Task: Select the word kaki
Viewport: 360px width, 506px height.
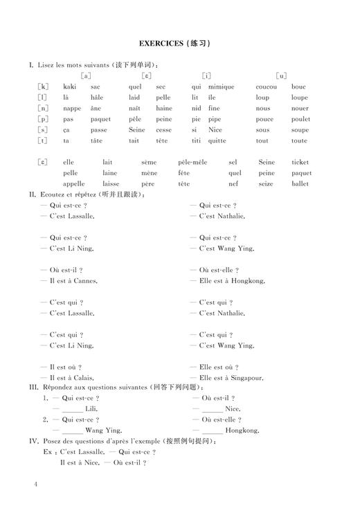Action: pos(69,87)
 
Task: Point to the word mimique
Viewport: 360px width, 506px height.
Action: pos(221,87)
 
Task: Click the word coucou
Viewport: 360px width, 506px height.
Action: pos(266,87)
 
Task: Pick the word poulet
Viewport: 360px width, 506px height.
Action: pos(300,119)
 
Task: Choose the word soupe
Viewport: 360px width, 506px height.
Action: pos(300,129)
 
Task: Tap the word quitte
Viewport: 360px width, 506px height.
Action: pos(217,141)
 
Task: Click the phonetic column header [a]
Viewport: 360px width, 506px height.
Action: pos(86,75)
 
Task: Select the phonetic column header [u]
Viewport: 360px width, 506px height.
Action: pos(281,75)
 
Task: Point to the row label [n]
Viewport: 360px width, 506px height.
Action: pos(43,108)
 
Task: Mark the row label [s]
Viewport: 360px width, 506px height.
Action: pos(43,129)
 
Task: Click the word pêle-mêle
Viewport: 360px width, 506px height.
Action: pos(192,162)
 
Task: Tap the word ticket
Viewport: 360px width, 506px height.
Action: pos(300,162)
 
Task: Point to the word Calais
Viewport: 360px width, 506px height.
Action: pos(86,377)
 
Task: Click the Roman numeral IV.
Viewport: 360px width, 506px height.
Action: pos(33,440)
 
